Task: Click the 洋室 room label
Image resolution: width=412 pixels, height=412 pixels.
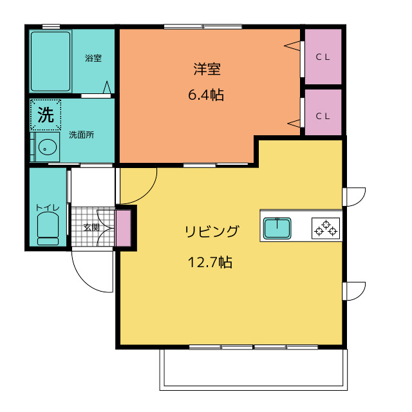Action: [x=207, y=69]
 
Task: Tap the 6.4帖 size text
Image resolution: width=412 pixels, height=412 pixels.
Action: [x=206, y=95]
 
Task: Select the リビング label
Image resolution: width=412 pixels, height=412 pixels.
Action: [x=212, y=231]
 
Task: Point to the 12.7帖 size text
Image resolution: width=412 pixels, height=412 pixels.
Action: [x=211, y=262]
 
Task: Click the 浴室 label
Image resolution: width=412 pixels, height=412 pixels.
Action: [x=93, y=58]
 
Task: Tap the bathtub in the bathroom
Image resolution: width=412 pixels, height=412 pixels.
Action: [x=51, y=62]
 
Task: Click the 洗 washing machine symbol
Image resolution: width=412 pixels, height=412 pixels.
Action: [x=46, y=115]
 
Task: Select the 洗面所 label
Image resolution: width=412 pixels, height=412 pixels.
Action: [x=82, y=135]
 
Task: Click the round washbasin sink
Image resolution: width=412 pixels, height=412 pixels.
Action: [x=47, y=147]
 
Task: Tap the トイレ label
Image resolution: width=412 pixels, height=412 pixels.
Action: [x=48, y=207]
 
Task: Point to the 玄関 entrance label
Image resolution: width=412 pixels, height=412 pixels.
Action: [x=91, y=227]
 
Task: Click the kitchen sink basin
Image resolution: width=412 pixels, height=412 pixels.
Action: [x=277, y=229]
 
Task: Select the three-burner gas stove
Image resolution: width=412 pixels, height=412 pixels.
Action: [x=326, y=229]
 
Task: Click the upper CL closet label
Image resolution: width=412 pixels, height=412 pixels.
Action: [x=323, y=57]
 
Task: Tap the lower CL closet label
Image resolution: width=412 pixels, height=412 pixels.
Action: [x=323, y=116]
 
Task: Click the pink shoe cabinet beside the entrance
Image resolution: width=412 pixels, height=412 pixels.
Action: [x=124, y=228]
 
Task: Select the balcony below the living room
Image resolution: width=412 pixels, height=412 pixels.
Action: [x=253, y=370]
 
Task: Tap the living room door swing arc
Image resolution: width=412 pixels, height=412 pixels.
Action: [x=149, y=193]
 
